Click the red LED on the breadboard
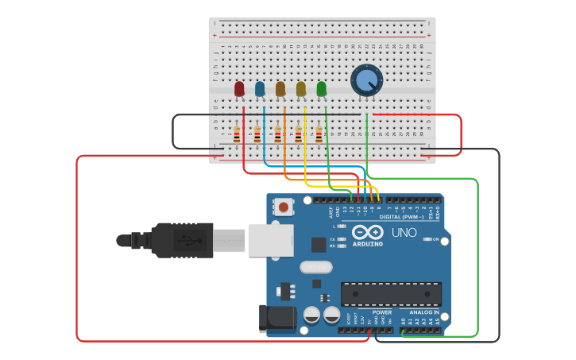coord(239,89)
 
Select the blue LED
coord(260,89)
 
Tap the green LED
coord(321,89)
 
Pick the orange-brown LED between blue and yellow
coord(280,89)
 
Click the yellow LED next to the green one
coord(301,89)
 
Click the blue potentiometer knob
coord(366,80)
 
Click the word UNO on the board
coord(404,233)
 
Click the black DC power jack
coord(277,318)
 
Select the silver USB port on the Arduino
coord(271,239)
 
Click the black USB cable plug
coord(183,239)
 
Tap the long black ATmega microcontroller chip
coord(391,293)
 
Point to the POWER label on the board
coord(382,312)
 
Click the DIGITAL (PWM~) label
coord(402,216)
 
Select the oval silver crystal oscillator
coord(315,267)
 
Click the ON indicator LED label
coord(436,238)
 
